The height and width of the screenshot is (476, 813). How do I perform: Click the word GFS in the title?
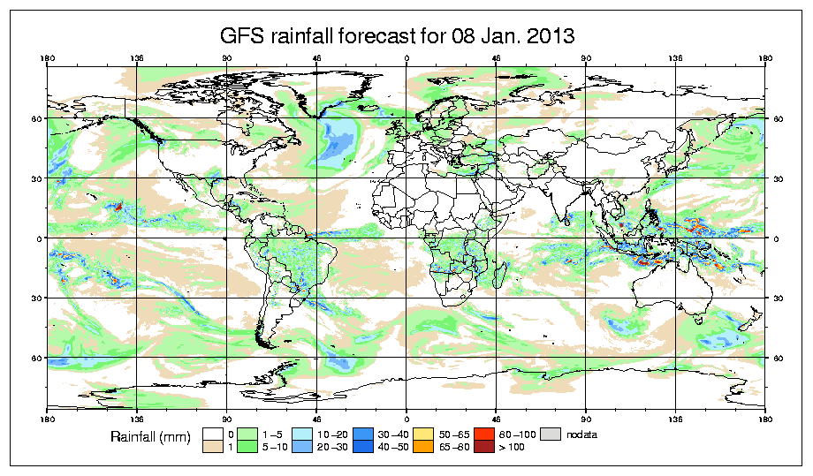click(x=241, y=36)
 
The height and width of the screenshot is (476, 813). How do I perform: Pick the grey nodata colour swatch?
click(x=552, y=434)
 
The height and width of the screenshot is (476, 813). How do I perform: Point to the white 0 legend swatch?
click(x=212, y=434)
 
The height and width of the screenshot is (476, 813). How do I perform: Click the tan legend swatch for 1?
click(x=212, y=448)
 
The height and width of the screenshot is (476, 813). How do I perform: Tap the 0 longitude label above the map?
click(x=406, y=59)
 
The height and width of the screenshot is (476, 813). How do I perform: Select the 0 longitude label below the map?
click(x=406, y=417)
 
